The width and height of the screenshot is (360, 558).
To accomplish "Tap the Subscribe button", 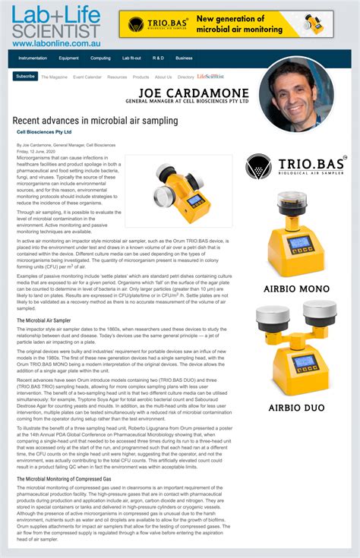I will pyautogui.click(x=25, y=76).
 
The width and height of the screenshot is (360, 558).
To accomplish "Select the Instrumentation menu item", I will pyautogui.click(x=33, y=58).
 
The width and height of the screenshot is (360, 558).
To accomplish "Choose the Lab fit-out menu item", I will pyautogui.click(x=131, y=58).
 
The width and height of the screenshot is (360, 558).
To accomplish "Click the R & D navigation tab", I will pyautogui.click(x=158, y=58).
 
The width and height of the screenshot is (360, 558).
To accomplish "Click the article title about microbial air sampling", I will pyautogui.click(x=95, y=121).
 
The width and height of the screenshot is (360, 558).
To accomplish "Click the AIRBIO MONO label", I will pyautogui.click(x=296, y=288).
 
